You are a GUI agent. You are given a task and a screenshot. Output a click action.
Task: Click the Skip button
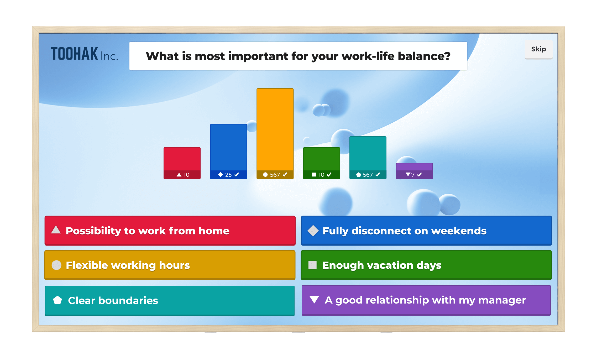click(538, 49)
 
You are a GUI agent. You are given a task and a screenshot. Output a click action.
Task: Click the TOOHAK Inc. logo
click(84, 54)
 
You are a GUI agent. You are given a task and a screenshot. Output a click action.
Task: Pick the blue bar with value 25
click(228, 147)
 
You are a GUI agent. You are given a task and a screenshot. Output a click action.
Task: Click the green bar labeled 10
click(321, 159)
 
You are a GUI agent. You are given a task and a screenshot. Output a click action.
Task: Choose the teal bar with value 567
click(368, 153)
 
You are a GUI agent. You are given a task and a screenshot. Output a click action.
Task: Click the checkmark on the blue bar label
click(237, 175)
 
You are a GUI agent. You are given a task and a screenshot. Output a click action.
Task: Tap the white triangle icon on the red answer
click(56, 230)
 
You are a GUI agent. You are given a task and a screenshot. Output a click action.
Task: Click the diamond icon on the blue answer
click(313, 231)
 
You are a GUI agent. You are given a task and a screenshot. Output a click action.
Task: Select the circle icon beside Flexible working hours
click(56, 265)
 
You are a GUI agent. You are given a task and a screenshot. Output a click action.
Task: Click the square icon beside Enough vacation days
click(312, 265)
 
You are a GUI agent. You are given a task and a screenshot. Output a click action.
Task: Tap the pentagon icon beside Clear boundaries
click(57, 300)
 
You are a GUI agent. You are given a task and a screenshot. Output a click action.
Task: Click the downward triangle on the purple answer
click(314, 300)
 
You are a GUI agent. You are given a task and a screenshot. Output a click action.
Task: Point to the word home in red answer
click(214, 231)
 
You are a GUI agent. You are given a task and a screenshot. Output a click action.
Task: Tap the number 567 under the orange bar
click(275, 175)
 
